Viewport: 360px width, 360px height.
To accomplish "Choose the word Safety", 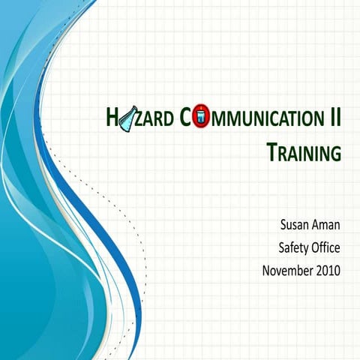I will (295, 246).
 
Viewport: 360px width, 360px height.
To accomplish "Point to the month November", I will (287, 269).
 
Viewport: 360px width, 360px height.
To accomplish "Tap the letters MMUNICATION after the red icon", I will (262, 118).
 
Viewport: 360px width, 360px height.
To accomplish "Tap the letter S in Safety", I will (281, 246).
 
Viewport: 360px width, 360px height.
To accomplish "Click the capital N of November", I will (267, 269).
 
